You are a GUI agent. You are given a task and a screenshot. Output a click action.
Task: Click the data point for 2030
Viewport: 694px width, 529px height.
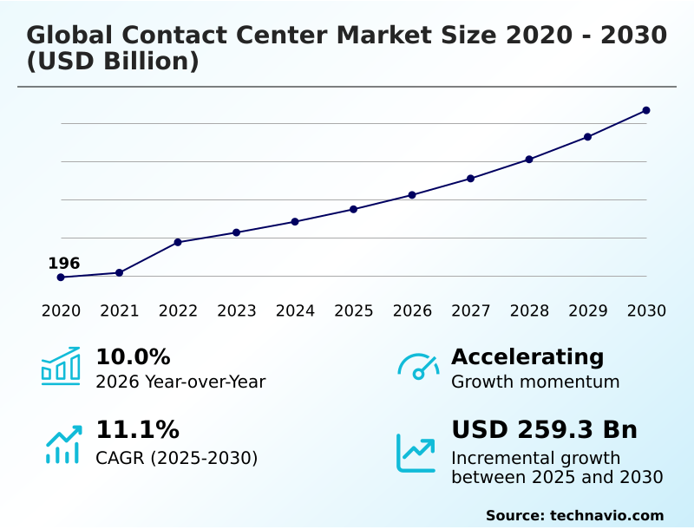pos(646,110)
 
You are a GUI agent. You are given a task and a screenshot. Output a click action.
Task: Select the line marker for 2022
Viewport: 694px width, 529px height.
pos(178,242)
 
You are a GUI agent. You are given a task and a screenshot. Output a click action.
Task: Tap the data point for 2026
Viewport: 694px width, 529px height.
pos(412,195)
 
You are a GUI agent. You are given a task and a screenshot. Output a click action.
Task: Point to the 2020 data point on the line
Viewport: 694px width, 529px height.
pos(61,278)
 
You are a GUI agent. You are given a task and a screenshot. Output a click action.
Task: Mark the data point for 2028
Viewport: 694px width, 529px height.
pos(529,160)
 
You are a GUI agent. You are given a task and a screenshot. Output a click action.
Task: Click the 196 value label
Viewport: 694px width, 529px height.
pos(63,263)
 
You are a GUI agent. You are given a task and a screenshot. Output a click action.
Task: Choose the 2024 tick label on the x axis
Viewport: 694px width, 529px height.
pos(295,311)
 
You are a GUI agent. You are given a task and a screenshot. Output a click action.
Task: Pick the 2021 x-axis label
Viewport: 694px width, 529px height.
pos(120,311)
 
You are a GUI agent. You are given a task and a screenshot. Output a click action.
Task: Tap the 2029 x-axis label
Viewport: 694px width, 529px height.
pos(587,311)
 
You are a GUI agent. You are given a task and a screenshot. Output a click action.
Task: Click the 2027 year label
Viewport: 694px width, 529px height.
pos(470,311)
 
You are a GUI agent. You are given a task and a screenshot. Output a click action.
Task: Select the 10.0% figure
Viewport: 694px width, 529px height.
pos(133,357)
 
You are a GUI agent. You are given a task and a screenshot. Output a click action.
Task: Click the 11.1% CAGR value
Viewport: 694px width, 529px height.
pos(137,430)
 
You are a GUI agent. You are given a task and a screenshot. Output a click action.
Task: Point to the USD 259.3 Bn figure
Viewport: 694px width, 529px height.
pos(544,430)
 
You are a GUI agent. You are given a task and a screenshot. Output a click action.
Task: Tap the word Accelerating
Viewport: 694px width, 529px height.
pos(527,357)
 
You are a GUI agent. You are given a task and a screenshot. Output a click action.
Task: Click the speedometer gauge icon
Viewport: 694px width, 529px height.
pos(418,367)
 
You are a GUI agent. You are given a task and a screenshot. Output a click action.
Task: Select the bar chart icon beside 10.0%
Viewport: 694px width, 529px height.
pos(61,366)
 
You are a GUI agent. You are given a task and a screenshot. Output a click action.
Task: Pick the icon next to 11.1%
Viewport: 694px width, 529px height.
pos(63,444)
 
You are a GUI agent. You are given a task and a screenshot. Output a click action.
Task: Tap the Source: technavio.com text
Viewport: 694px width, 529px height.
pos(574,515)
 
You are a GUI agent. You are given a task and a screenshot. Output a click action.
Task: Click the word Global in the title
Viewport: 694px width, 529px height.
pos(69,36)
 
